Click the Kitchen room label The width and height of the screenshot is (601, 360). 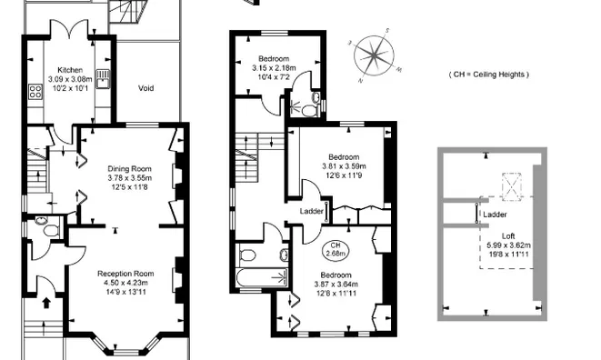pos(70,70)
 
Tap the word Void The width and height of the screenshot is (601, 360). pos(145,89)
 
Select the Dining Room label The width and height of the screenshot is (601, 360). pos(129,168)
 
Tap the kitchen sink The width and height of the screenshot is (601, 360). pos(104,76)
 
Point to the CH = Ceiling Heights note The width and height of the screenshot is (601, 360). pos(489,75)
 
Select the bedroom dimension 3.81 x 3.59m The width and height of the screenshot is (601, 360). pos(343,166)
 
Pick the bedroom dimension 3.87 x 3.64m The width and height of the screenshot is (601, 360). pos(336,284)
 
